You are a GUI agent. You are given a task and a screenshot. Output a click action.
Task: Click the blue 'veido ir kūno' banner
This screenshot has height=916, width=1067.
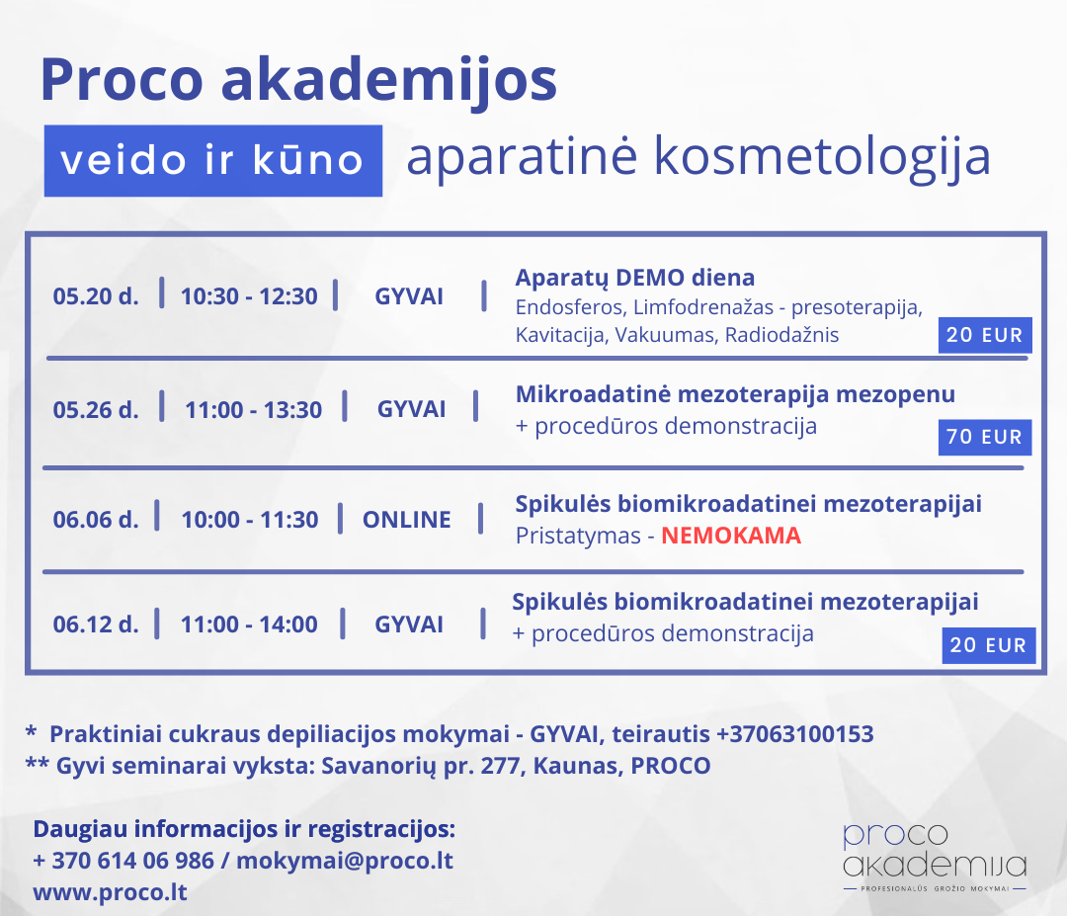tap(213, 161)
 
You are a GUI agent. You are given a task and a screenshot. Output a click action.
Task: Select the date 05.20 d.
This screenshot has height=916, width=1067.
tap(96, 296)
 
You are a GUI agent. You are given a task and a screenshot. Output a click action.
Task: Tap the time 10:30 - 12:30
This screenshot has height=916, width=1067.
tap(249, 296)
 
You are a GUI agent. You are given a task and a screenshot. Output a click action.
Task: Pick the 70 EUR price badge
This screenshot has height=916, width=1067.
tap(985, 437)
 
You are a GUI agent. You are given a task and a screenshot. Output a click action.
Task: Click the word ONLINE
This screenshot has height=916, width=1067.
tap(407, 519)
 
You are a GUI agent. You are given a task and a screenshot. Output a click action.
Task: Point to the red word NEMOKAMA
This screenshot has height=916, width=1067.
tap(731, 536)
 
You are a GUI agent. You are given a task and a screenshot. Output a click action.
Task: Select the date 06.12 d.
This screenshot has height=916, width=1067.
tap(96, 625)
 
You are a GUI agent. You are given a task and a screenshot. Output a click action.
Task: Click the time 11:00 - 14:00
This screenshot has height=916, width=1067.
tap(249, 625)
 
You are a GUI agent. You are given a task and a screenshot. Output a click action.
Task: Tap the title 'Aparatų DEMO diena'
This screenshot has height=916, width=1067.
tap(635, 278)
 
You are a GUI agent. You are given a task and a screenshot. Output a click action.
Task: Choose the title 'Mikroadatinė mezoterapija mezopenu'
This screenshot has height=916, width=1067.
tap(736, 394)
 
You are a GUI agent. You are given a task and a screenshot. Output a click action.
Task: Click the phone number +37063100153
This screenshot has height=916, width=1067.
tap(794, 733)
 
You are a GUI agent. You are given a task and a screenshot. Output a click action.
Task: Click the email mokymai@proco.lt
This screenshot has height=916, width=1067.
tap(345, 861)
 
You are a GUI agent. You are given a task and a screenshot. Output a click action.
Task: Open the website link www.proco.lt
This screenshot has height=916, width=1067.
tap(111, 892)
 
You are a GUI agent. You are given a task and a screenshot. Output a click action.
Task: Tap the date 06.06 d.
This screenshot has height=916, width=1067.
tap(96, 519)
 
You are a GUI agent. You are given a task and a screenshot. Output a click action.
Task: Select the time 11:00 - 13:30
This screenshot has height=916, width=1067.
tap(253, 410)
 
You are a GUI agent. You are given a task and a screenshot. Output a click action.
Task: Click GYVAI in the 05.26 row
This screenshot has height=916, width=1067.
tap(412, 409)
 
